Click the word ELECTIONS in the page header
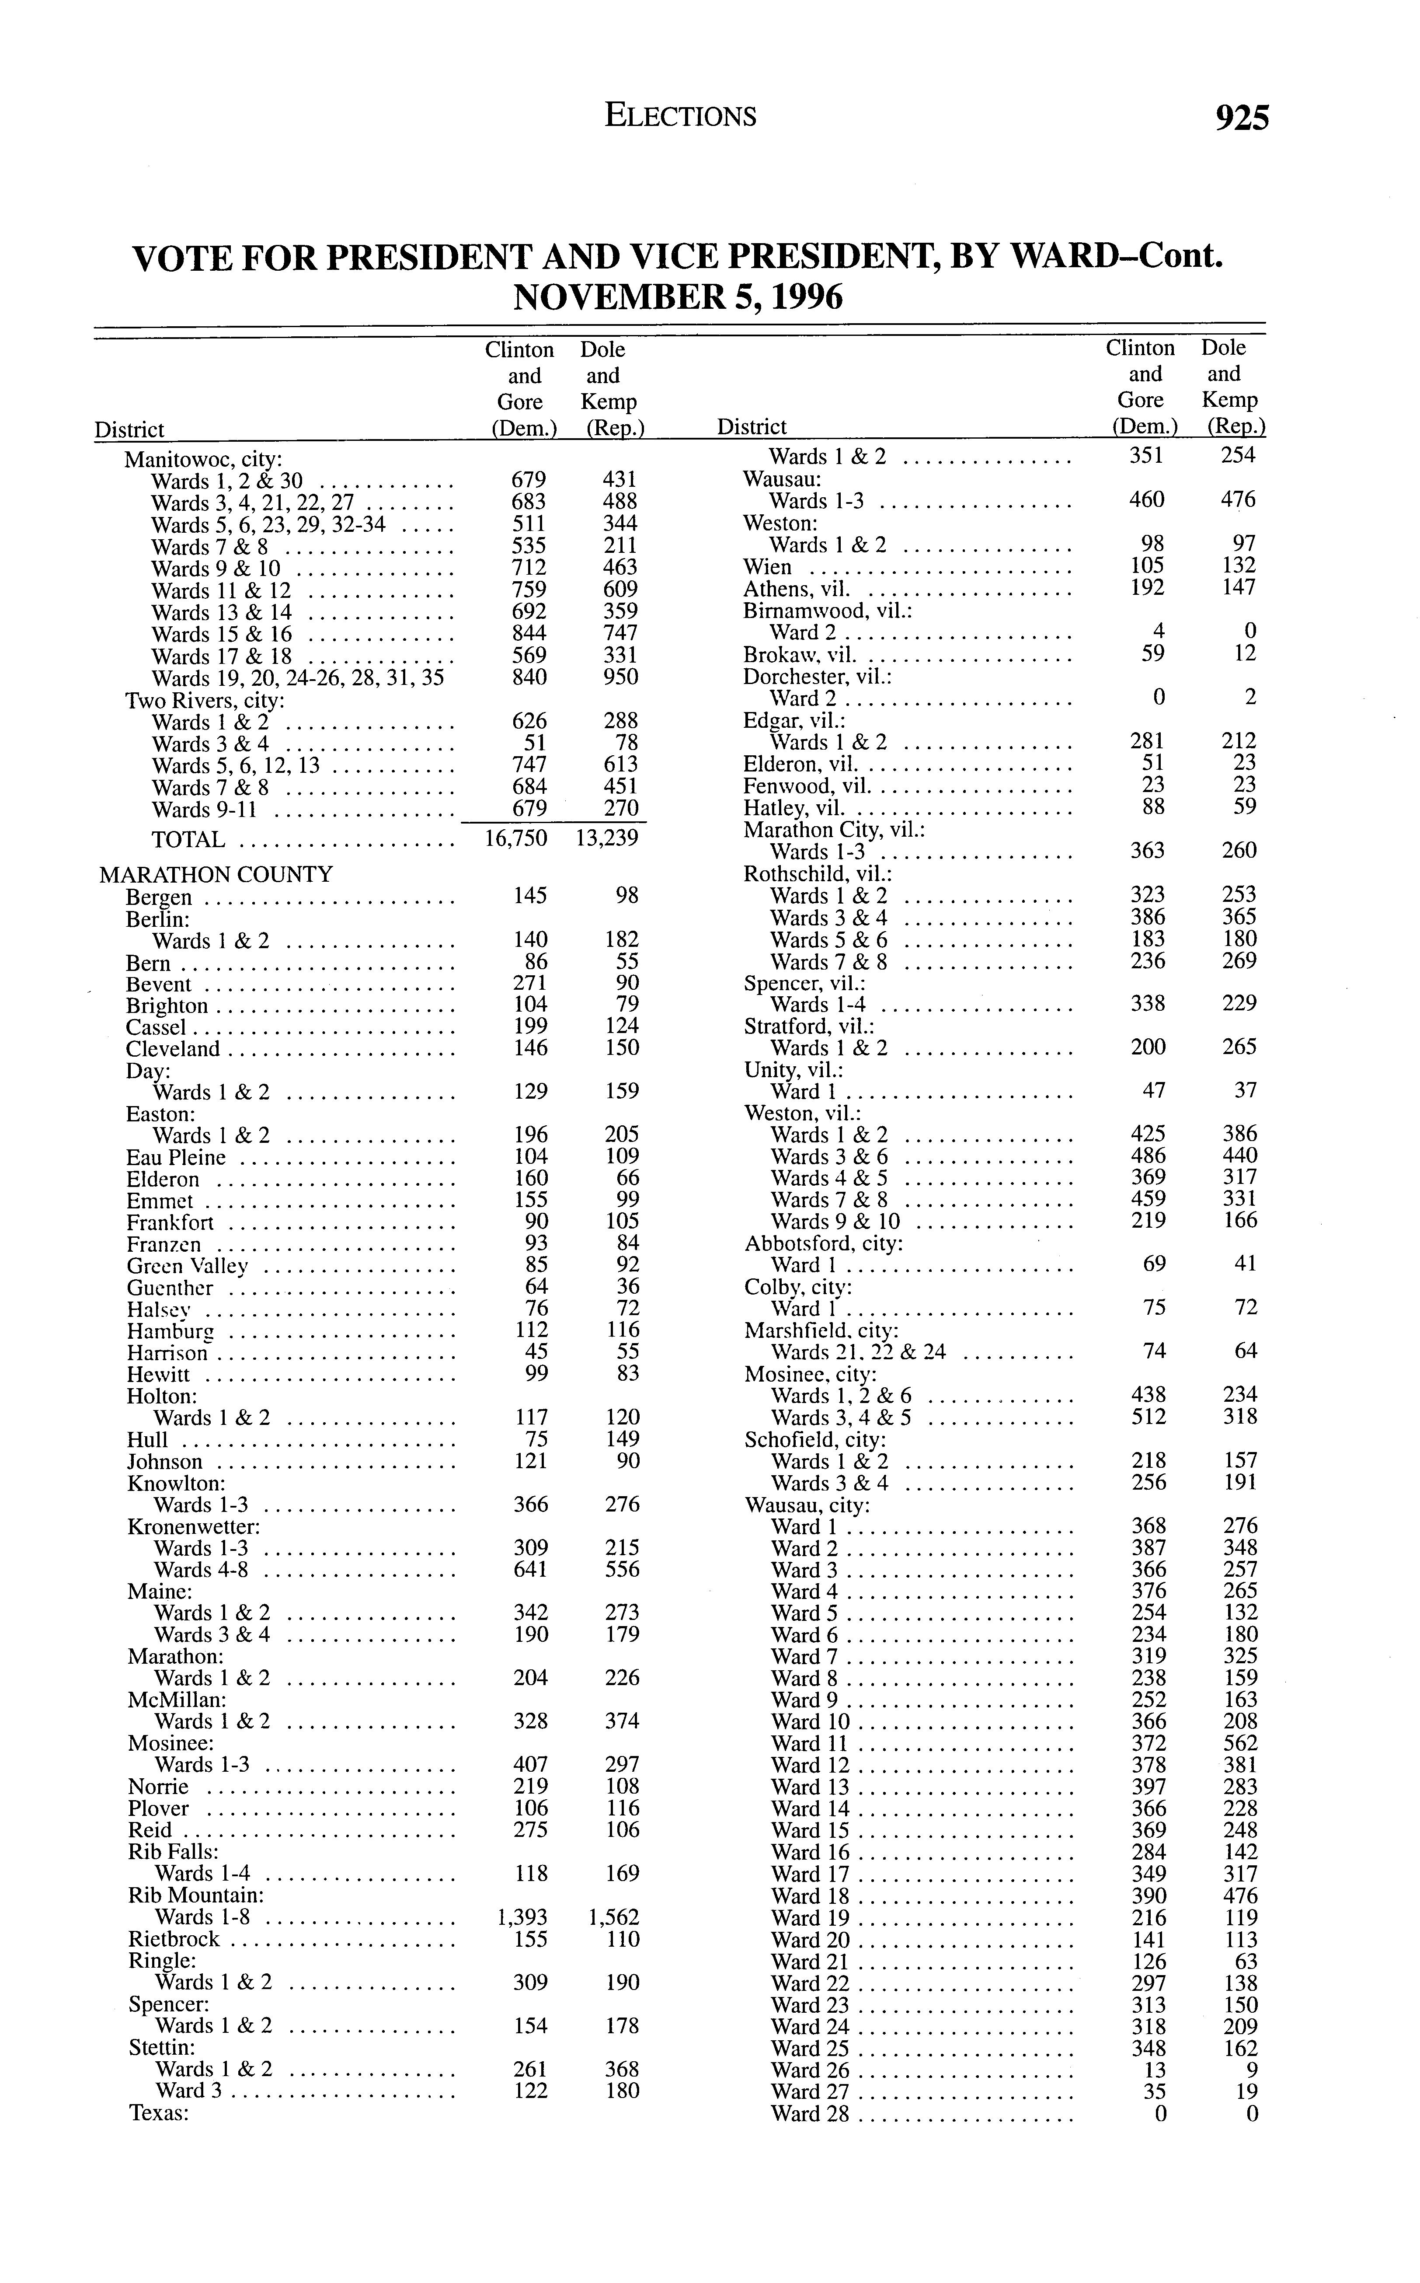681,115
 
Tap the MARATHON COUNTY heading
216,875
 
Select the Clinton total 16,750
515,838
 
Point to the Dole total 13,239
607,838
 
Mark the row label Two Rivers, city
205,701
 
